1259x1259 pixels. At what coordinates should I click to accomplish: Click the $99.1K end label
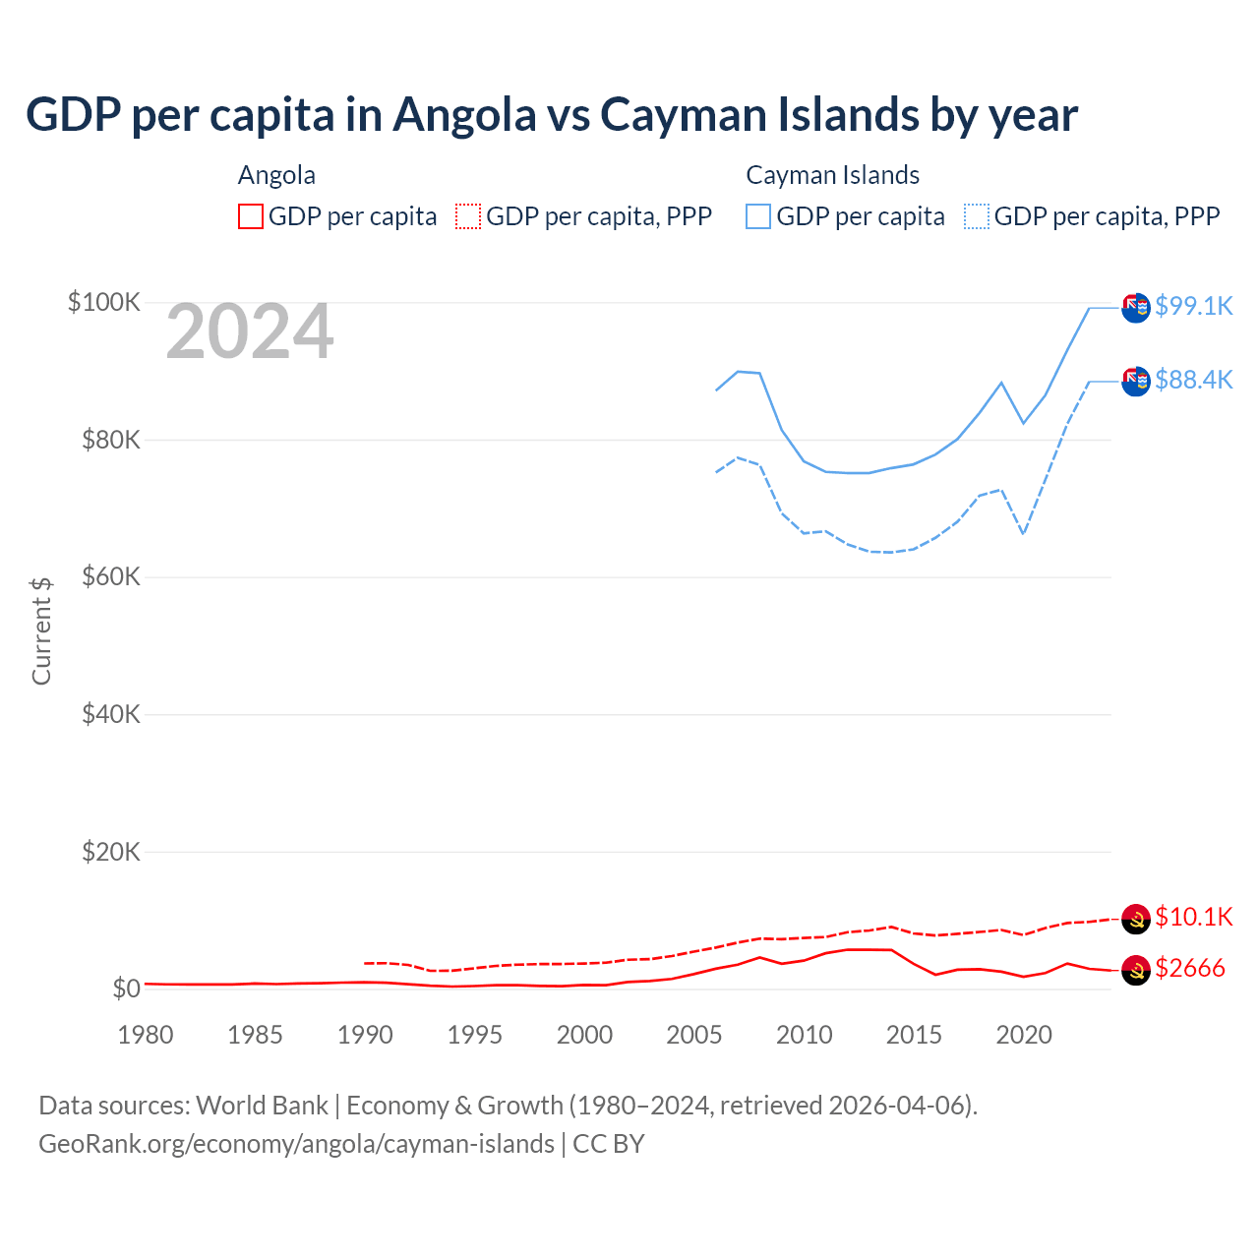click(x=1193, y=306)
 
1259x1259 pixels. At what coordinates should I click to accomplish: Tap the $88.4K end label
click(x=1193, y=380)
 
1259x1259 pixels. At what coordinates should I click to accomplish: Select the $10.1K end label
click(x=1193, y=917)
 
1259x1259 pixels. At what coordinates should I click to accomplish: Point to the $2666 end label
click(x=1190, y=968)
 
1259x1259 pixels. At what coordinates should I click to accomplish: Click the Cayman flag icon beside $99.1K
click(x=1136, y=308)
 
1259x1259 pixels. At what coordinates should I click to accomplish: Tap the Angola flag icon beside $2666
click(x=1136, y=970)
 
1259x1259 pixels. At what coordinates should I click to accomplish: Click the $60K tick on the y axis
click(x=111, y=576)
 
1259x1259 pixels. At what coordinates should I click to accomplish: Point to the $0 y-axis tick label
click(x=126, y=989)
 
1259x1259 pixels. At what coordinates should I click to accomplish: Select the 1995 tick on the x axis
click(x=475, y=1035)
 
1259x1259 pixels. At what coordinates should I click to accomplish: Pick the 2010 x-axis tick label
click(x=805, y=1035)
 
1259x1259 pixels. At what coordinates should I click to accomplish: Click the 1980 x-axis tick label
click(x=146, y=1035)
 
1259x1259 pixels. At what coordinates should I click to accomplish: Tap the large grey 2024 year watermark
click(x=250, y=332)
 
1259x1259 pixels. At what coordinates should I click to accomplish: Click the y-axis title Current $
click(x=41, y=631)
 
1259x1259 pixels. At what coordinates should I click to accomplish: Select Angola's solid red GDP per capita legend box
click(x=251, y=216)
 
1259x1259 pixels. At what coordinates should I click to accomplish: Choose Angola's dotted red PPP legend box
click(x=468, y=216)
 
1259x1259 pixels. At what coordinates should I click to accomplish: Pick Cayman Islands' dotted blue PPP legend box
click(x=977, y=216)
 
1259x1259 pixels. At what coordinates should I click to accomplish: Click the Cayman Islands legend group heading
click(x=832, y=175)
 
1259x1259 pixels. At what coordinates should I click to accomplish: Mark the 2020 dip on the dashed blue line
click(x=1024, y=533)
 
